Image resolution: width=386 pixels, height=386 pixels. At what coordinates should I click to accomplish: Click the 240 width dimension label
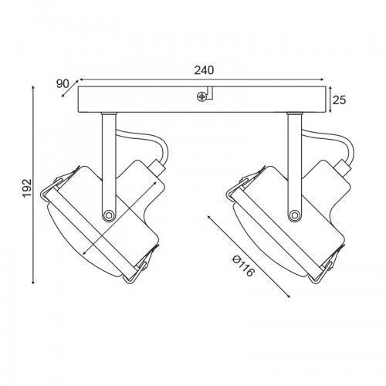point(204,70)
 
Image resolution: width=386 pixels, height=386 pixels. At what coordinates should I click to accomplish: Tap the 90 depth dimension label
point(63,84)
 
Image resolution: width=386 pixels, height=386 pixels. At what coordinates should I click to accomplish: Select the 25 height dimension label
point(339,100)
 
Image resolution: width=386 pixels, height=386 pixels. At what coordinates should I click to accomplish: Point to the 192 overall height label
point(27,188)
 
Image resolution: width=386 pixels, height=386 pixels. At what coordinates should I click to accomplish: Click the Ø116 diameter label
point(242,266)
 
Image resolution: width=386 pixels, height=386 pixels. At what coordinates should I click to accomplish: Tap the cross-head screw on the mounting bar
point(201,96)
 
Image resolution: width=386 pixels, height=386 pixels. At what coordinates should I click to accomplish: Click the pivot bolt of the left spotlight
point(109,215)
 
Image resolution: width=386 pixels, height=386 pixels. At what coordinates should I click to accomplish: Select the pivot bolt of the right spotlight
point(294,214)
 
